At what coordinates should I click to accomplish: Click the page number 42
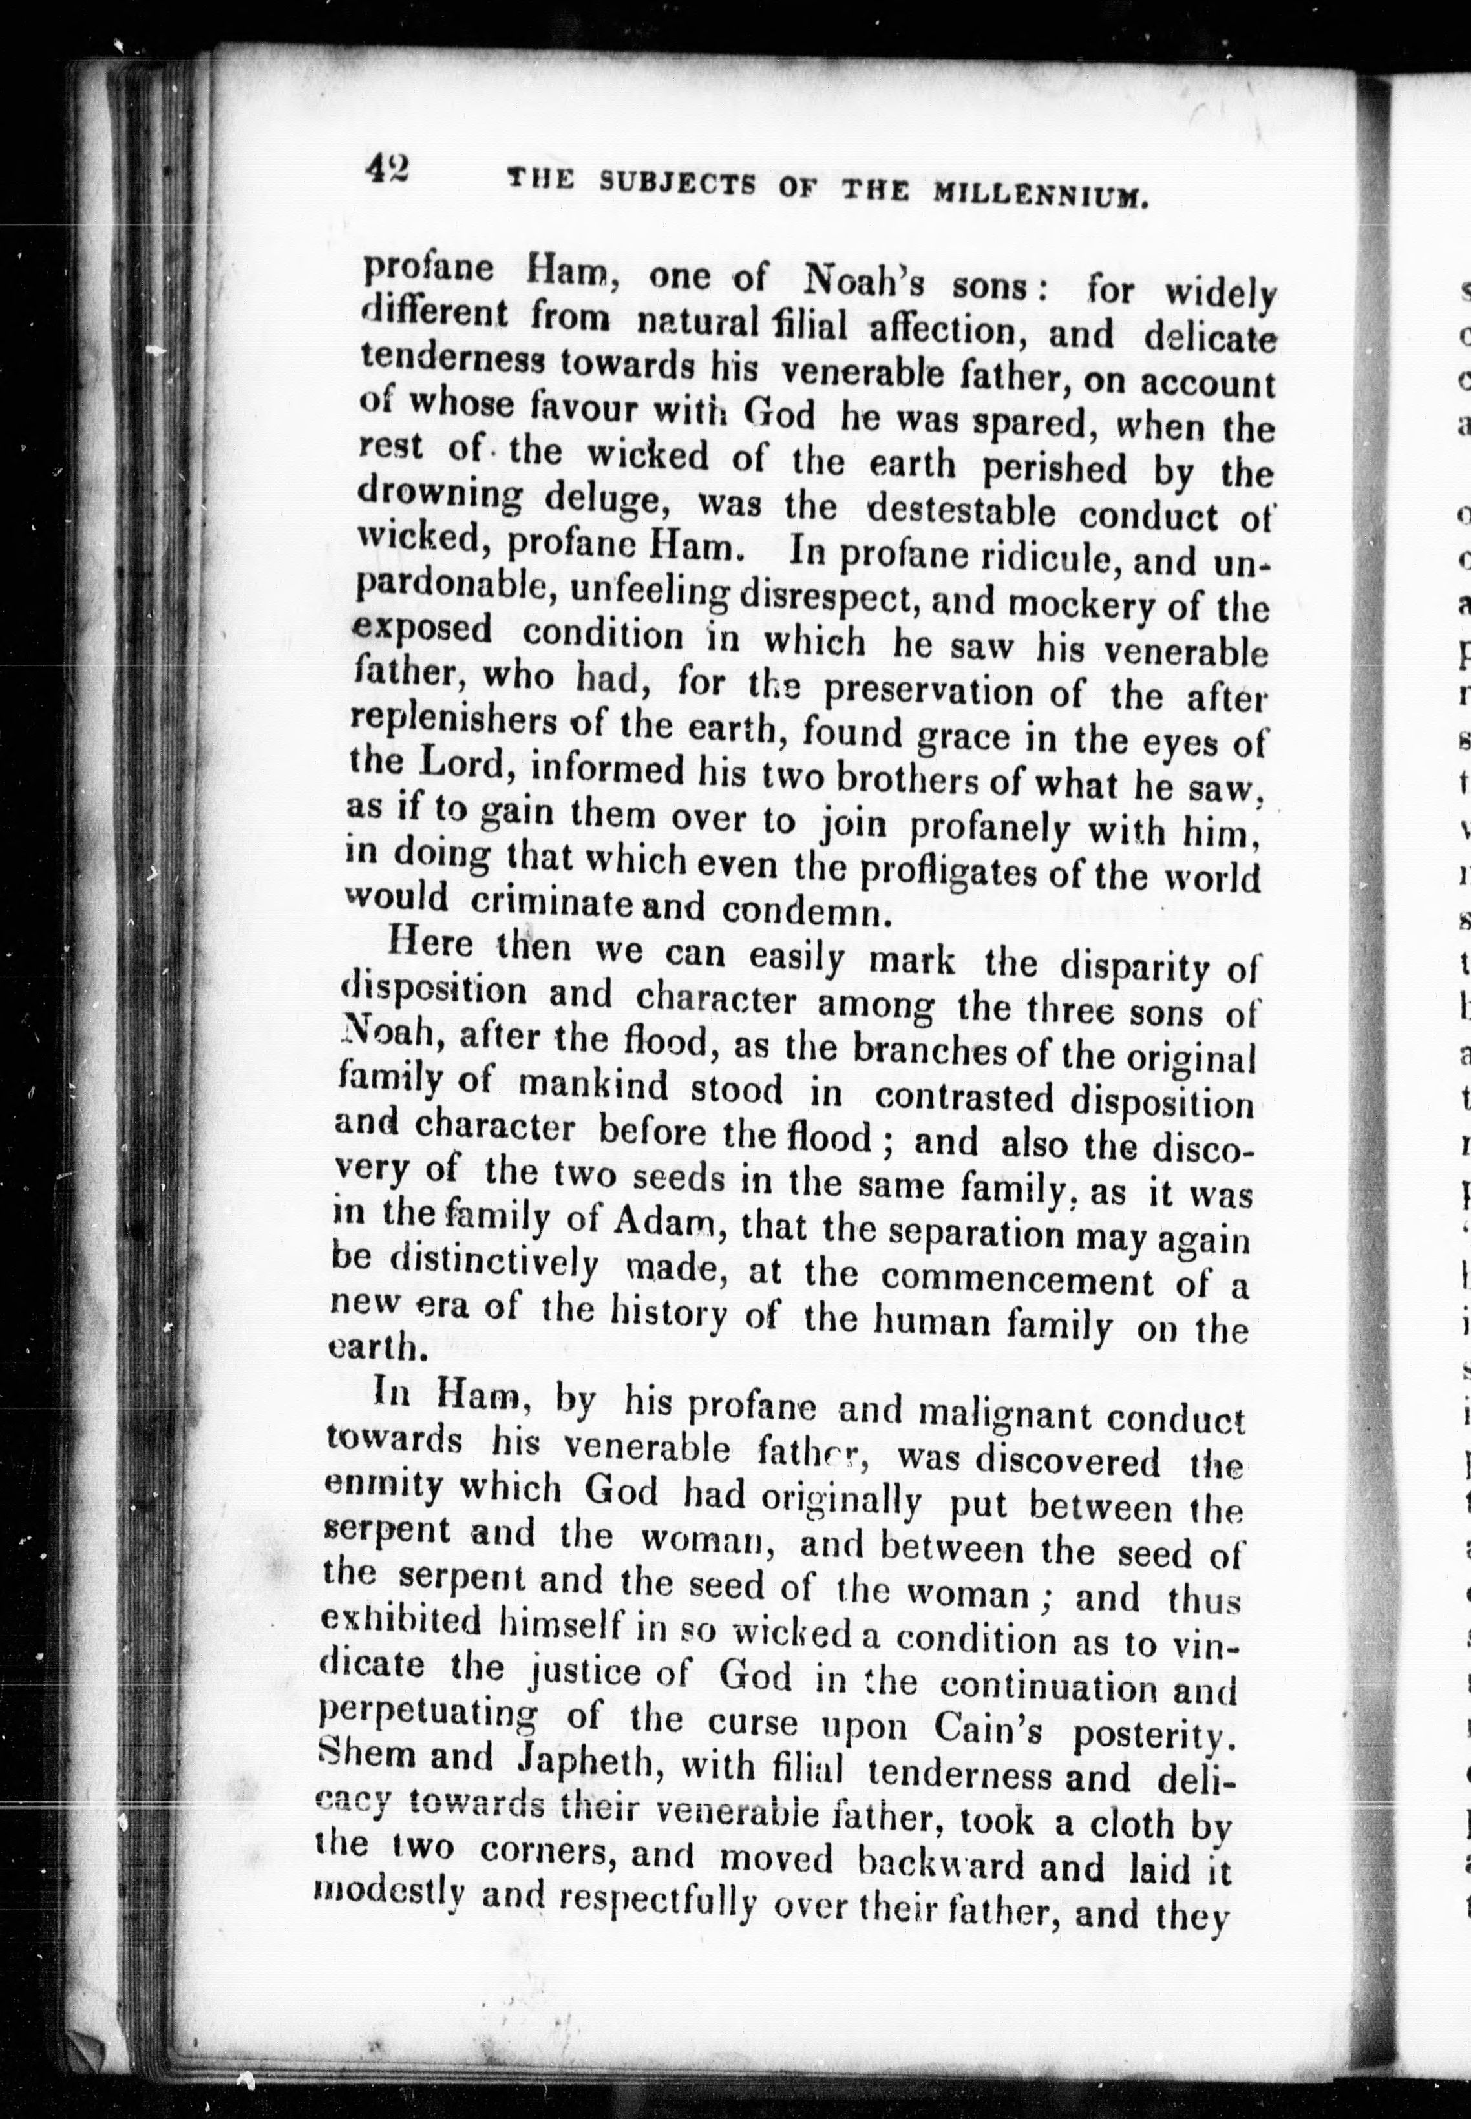tap(387, 171)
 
